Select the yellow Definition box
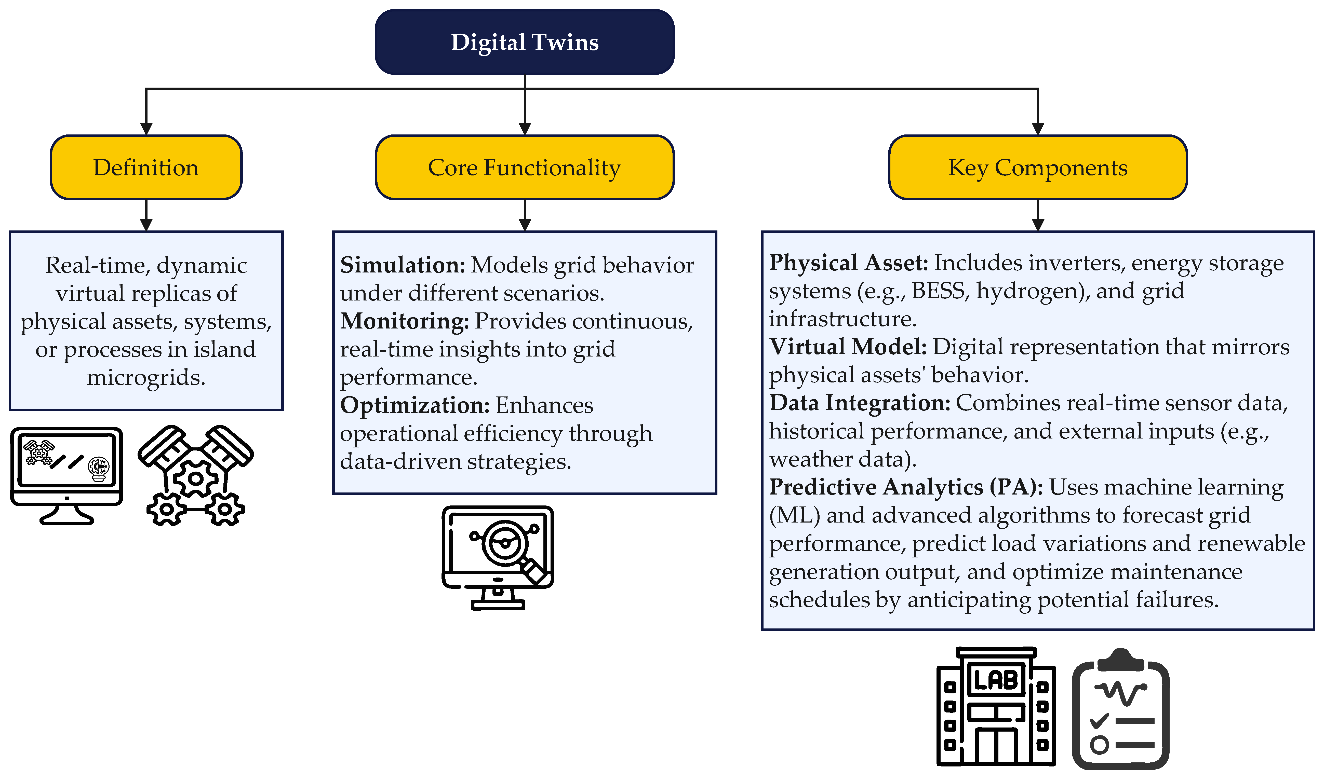pos(146,168)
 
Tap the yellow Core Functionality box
pos(525,168)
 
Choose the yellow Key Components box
pos(1037,168)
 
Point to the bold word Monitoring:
pos(404,321)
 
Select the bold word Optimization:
pos(415,405)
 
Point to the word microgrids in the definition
pos(146,377)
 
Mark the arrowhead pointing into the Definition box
pos(146,129)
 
